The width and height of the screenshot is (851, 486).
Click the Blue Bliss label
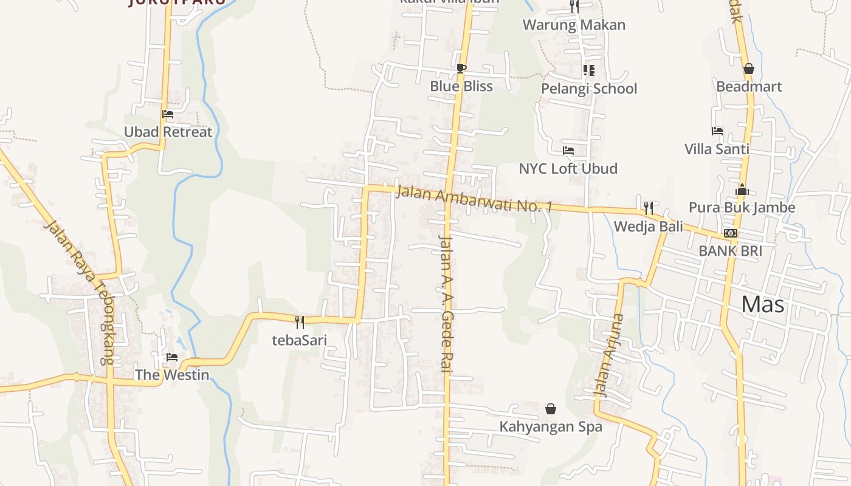[x=461, y=86]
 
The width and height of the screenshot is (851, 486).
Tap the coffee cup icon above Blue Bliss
[x=461, y=68]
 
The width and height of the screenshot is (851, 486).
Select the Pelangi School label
[x=589, y=89]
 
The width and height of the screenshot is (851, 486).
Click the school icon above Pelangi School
[x=588, y=70]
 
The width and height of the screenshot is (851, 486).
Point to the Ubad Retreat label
[x=168, y=132]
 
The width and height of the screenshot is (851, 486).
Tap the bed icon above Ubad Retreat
[x=168, y=114]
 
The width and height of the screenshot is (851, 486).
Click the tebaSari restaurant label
[x=299, y=340]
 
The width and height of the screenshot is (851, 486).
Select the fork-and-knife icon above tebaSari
[x=299, y=322]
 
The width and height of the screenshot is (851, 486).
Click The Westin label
[x=172, y=375]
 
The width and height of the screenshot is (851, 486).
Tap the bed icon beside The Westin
[x=172, y=357]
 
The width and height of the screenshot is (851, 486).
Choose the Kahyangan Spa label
[x=551, y=426]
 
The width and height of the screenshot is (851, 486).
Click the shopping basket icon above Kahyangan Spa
[x=551, y=409]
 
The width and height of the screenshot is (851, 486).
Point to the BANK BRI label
[x=730, y=251]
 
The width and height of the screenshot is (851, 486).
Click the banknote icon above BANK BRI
[x=731, y=233]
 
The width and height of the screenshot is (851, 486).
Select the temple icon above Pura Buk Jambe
[x=742, y=190]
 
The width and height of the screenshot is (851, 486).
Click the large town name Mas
[x=763, y=304]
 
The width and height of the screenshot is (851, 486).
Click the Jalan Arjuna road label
[x=610, y=355]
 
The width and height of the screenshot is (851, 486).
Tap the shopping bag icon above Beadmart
[x=749, y=69]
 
